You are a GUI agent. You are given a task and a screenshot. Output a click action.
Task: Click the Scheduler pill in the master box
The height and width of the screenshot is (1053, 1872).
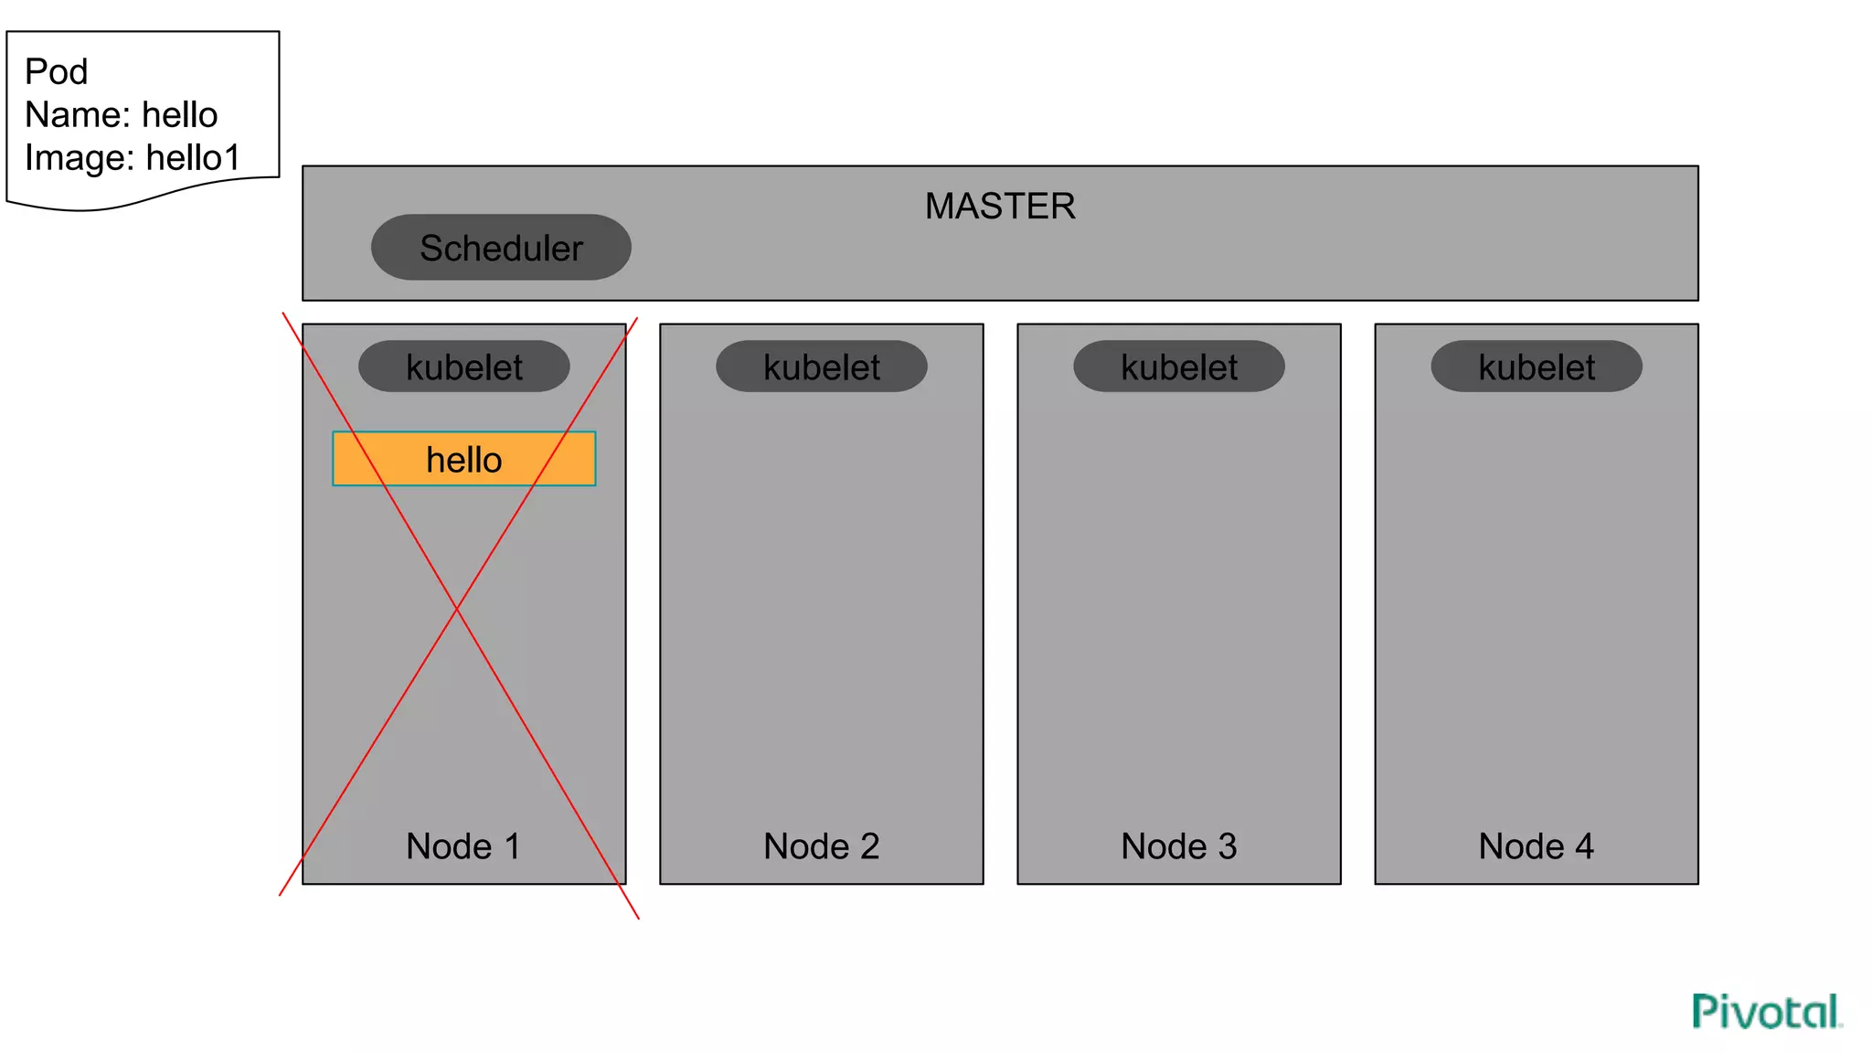point(501,248)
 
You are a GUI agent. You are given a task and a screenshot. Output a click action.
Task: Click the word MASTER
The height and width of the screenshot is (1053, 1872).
point(1000,206)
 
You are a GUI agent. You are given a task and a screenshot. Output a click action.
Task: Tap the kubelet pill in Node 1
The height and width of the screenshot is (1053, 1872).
point(464,367)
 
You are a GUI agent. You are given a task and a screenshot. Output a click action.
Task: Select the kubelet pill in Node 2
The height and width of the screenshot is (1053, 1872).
point(822,367)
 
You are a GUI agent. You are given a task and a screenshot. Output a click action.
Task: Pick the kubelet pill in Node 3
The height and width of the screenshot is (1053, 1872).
point(1179,367)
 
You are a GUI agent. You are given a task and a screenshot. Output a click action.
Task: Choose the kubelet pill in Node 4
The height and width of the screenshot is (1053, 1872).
point(1537,367)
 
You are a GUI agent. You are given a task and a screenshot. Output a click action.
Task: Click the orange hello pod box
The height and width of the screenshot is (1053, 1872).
point(464,459)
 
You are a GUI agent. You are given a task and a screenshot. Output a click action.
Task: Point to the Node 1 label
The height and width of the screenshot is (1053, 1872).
point(463,846)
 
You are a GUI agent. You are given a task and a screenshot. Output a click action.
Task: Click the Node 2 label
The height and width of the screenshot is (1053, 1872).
point(822,846)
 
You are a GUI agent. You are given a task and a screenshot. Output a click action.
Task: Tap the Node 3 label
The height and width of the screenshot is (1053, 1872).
point(1179,846)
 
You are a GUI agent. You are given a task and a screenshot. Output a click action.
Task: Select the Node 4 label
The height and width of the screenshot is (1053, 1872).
point(1537,846)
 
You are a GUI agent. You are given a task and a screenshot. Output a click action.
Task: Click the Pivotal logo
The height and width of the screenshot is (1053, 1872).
point(1767,1012)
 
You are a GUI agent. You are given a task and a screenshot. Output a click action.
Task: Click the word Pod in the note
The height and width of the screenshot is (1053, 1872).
point(56,71)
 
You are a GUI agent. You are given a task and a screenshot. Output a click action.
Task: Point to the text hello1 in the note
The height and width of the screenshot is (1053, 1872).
point(193,157)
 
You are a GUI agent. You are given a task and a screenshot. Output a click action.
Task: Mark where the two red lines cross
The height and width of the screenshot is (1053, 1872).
point(456,608)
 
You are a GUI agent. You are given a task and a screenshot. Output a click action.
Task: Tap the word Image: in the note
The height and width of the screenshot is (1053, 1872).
point(80,157)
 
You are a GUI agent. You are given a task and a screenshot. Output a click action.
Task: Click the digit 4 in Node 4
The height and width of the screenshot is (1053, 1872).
point(1584,846)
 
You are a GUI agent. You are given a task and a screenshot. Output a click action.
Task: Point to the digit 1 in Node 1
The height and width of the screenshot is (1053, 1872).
point(512,846)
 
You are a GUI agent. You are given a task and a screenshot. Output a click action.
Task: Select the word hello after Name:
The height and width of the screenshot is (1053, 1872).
point(180,114)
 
